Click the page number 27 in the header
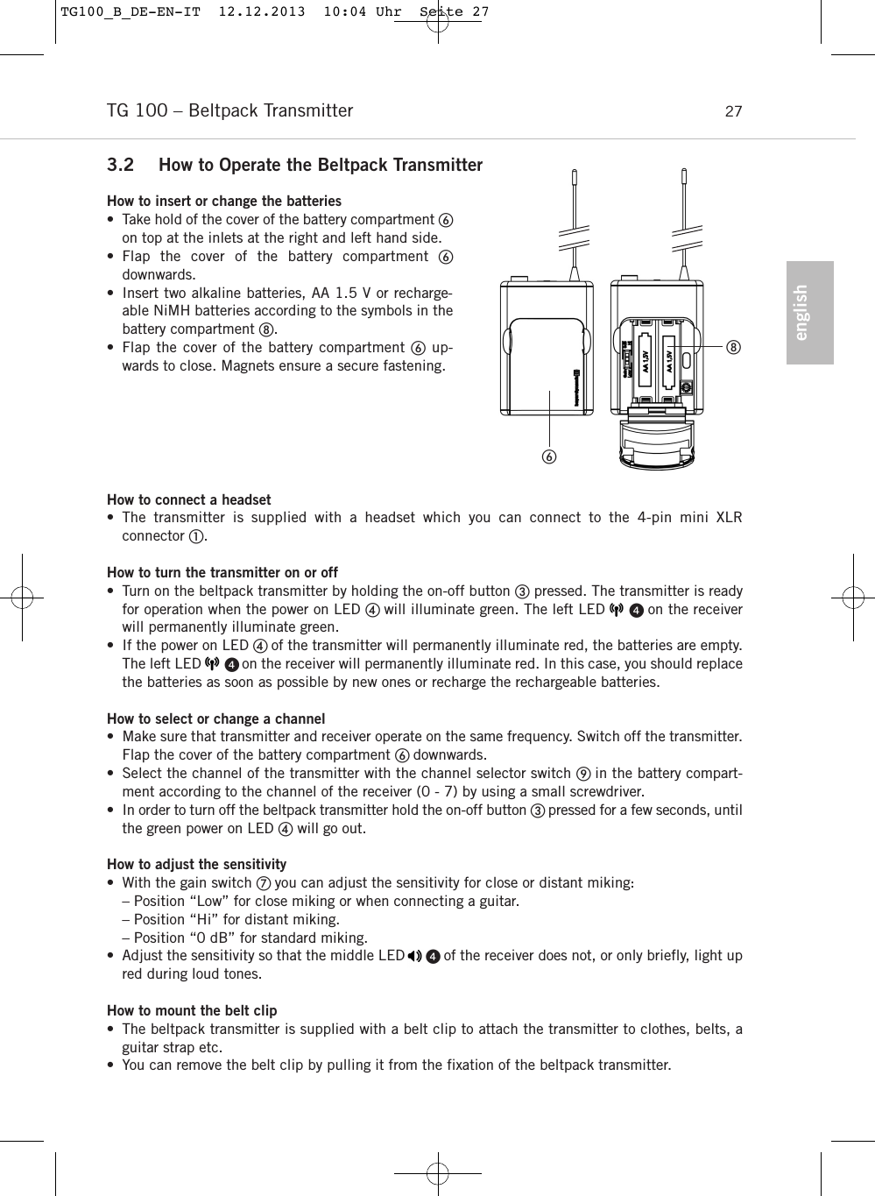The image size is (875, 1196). (x=733, y=111)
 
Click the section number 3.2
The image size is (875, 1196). (x=121, y=166)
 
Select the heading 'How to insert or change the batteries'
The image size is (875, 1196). (x=224, y=202)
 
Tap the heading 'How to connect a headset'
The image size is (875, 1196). (x=188, y=500)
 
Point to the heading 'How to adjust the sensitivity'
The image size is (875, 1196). (x=196, y=865)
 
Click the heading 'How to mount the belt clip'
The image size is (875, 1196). (x=192, y=1011)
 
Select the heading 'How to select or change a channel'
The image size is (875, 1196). (x=215, y=719)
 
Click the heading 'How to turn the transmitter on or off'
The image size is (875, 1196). (x=222, y=573)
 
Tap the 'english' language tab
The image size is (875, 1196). (x=808, y=313)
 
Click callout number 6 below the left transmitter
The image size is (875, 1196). (x=549, y=456)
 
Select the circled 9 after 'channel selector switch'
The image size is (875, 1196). (x=582, y=774)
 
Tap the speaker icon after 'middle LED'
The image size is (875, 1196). (x=414, y=956)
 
